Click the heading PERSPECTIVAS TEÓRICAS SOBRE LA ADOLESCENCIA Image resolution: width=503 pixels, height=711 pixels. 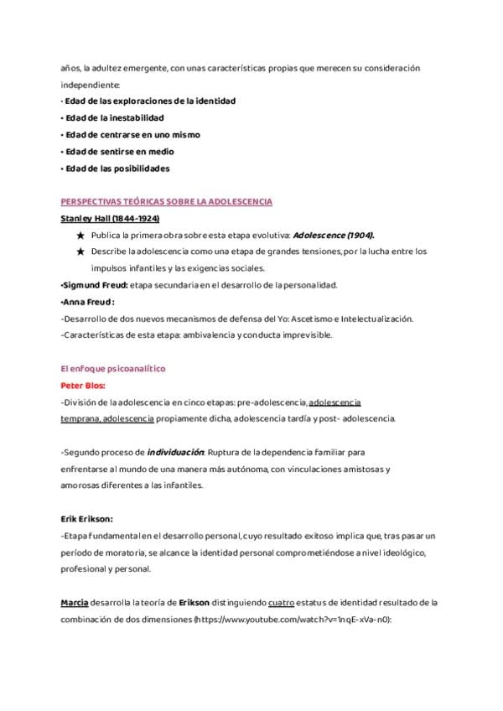click(x=166, y=202)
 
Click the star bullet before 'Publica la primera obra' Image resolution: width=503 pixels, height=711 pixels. click(x=80, y=236)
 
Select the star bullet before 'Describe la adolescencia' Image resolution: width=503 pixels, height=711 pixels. click(x=80, y=252)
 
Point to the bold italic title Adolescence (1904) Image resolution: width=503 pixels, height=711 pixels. click(x=334, y=236)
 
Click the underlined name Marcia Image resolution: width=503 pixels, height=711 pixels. click(x=75, y=602)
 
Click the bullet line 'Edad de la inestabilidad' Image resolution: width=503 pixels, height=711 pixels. click(x=113, y=117)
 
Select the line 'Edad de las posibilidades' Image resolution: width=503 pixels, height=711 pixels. click(x=116, y=168)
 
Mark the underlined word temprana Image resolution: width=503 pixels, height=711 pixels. click(x=80, y=418)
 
